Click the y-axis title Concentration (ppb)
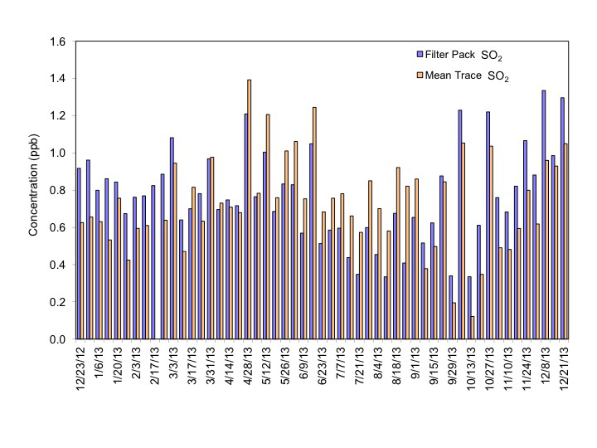point(34,188)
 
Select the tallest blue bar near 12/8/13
point(543,215)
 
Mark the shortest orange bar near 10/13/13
point(473,328)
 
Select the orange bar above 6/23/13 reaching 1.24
point(314,223)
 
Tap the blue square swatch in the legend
point(420,55)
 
